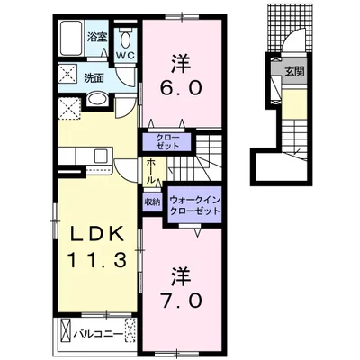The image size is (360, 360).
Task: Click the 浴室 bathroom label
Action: (x=97, y=38)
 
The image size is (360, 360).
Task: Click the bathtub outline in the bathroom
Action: (x=71, y=38)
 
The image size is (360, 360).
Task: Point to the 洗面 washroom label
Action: (x=94, y=78)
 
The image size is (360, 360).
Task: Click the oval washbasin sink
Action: (x=97, y=99)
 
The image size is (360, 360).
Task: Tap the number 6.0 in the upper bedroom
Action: (x=181, y=87)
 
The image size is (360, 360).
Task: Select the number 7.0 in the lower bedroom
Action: (x=181, y=301)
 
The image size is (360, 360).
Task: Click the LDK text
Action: (x=96, y=235)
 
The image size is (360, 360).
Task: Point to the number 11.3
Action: (x=96, y=260)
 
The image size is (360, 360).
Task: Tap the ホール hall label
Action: (x=151, y=171)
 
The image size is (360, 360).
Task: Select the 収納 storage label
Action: (x=152, y=202)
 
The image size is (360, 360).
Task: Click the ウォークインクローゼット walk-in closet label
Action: (x=195, y=205)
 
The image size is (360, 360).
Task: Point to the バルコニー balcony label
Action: (x=99, y=334)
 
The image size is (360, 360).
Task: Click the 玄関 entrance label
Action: (x=294, y=71)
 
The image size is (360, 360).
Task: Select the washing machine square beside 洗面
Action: (x=67, y=74)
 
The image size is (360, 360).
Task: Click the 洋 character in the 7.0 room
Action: (x=181, y=277)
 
